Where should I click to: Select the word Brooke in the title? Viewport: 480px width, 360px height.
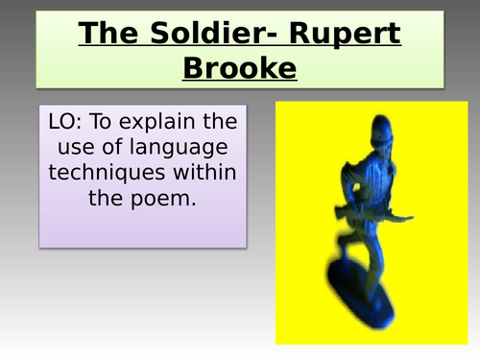click(240, 68)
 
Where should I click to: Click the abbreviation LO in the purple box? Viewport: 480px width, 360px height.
click(61, 127)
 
